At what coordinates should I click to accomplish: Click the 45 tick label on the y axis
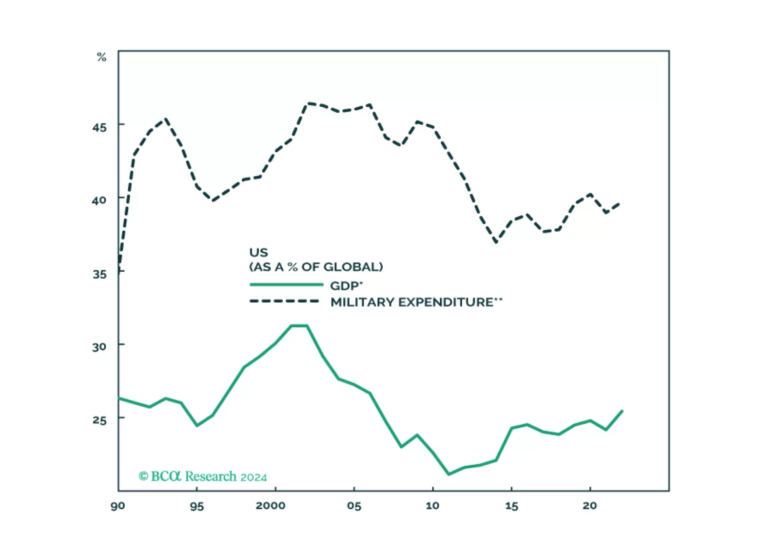[99, 127]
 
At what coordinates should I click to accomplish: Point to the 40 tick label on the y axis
[99, 200]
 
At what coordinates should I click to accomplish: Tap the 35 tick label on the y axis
[99, 274]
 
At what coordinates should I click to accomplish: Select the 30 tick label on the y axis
[99, 347]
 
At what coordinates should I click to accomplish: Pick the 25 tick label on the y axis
[99, 419]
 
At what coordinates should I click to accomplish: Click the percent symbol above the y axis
[101, 57]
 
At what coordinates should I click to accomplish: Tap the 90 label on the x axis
[118, 506]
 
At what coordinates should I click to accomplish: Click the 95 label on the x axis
[196, 506]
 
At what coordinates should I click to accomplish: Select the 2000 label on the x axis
[271, 506]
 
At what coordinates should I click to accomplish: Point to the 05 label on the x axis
[354, 506]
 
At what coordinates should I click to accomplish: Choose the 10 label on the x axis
[432, 506]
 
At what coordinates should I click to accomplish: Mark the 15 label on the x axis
[511, 506]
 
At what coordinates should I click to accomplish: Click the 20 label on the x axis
[590, 506]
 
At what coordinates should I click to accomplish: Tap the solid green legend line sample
[286, 285]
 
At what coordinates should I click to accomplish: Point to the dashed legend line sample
[285, 301]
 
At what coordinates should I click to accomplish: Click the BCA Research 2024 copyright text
[203, 477]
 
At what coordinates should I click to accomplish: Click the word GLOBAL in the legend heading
[353, 267]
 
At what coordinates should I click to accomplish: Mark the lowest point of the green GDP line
[448, 474]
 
